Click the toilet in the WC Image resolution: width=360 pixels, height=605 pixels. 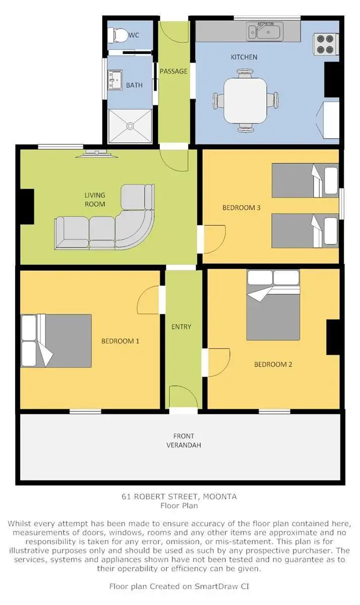(119, 35)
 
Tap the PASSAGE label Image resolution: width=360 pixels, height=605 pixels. (173, 71)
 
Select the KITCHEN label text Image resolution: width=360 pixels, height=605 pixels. (244, 57)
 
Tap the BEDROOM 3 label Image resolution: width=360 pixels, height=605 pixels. (242, 207)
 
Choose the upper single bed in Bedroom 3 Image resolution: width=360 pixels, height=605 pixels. (305, 180)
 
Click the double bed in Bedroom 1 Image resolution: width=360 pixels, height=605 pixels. (56, 340)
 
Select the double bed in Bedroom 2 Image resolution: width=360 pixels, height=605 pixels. (273, 306)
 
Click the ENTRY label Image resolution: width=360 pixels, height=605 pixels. (182, 327)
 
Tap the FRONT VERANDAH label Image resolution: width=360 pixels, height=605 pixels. (184, 441)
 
